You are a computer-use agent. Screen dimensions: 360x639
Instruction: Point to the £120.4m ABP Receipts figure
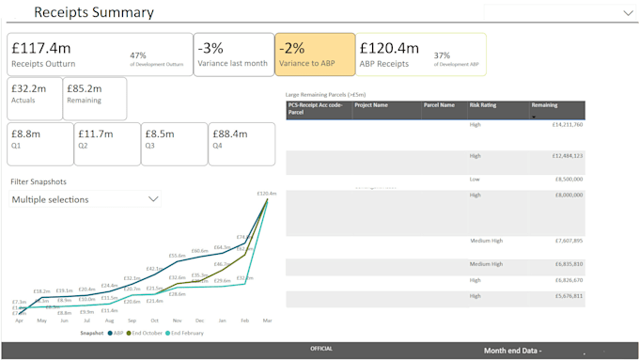[x=389, y=48]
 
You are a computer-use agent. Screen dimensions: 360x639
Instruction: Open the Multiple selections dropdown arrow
[x=154, y=199]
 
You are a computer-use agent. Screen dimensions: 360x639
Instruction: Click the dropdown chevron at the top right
[x=628, y=13]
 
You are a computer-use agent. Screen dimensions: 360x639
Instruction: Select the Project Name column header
[x=371, y=105]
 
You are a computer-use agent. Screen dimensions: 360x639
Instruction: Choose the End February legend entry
[x=187, y=333]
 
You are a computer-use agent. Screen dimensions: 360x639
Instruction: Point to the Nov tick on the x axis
[x=177, y=321]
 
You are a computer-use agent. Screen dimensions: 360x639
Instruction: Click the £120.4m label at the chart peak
[x=266, y=194]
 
